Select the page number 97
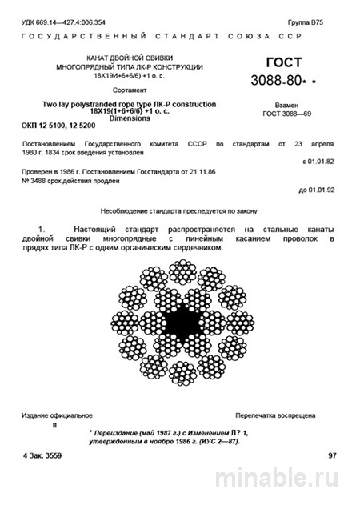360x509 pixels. tap(333, 455)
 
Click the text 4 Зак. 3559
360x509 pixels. tap(50, 455)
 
